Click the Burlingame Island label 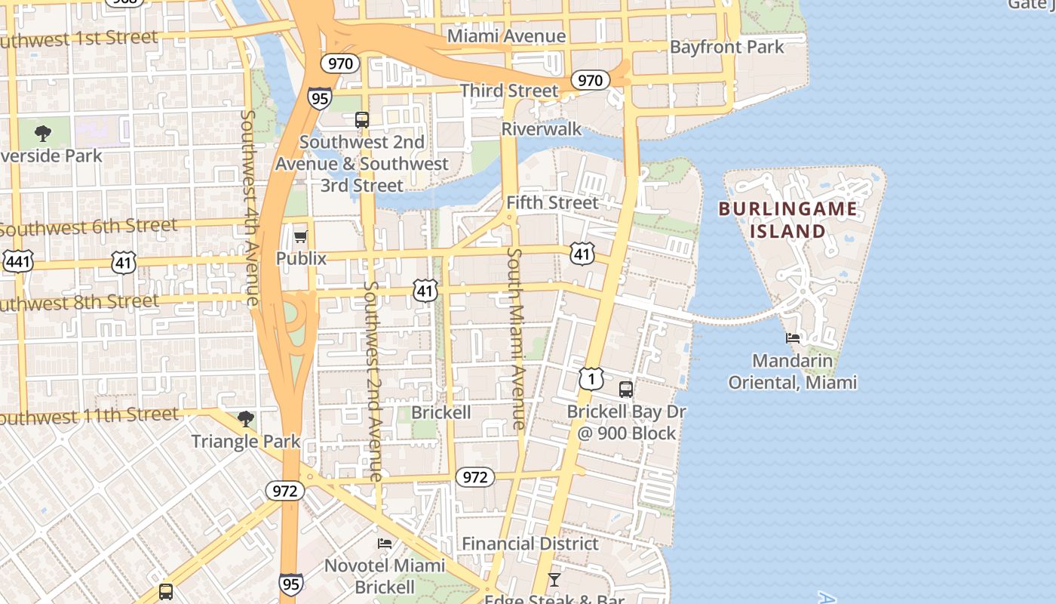(x=787, y=220)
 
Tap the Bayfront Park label (x=726, y=47)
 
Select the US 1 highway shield (x=591, y=378)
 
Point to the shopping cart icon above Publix (x=300, y=237)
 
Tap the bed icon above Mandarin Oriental (x=792, y=338)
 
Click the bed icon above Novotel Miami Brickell (x=385, y=544)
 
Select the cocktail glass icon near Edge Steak (x=554, y=580)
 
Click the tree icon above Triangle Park (x=245, y=419)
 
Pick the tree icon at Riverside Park (x=44, y=134)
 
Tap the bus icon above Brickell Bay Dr (x=625, y=390)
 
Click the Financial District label (x=530, y=544)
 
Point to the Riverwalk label (x=542, y=129)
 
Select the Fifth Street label (x=551, y=202)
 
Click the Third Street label (x=509, y=91)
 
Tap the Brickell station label (x=441, y=412)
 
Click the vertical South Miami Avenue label (x=517, y=338)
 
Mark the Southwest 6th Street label (x=88, y=226)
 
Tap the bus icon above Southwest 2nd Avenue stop (x=362, y=119)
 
